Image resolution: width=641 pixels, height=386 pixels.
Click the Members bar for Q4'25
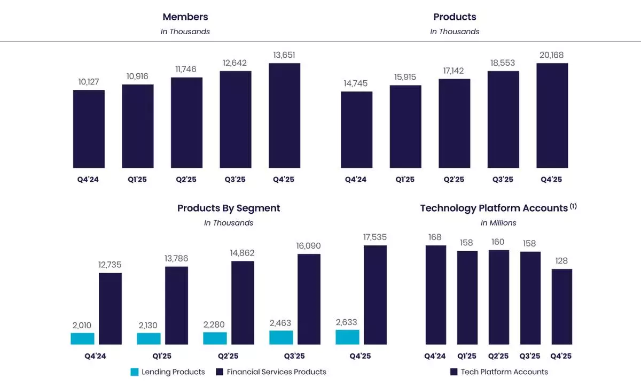tap(284, 115)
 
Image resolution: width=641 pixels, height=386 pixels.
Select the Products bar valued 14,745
tap(357, 130)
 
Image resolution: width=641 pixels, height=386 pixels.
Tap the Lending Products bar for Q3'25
tap(281, 337)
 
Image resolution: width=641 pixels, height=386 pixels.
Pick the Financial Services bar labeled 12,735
tap(110, 308)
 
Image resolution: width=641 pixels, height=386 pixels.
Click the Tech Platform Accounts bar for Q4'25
tap(562, 306)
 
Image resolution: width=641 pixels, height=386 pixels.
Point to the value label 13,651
tap(284, 55)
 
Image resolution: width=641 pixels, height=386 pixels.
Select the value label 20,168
tap(552, 55)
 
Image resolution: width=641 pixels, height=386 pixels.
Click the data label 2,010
tap(82, 325)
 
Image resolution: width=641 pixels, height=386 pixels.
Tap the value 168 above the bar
tap(435, 237)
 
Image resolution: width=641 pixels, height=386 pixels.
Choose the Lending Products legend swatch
tap(135, 372)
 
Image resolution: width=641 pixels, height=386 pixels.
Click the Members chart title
tap(185, 17)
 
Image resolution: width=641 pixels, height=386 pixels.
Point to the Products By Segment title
tap(229, 208)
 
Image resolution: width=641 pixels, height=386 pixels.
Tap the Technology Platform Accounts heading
tap(494, 208)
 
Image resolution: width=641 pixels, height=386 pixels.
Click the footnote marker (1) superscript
tap(573, 205)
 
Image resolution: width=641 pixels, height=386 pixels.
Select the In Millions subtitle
tap(498, 222)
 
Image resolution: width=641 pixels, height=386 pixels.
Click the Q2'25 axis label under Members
tap(186, 180)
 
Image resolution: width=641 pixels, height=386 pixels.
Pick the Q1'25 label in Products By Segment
tap(161, 356)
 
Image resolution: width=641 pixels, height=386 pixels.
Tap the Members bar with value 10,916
tap(138, 126)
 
